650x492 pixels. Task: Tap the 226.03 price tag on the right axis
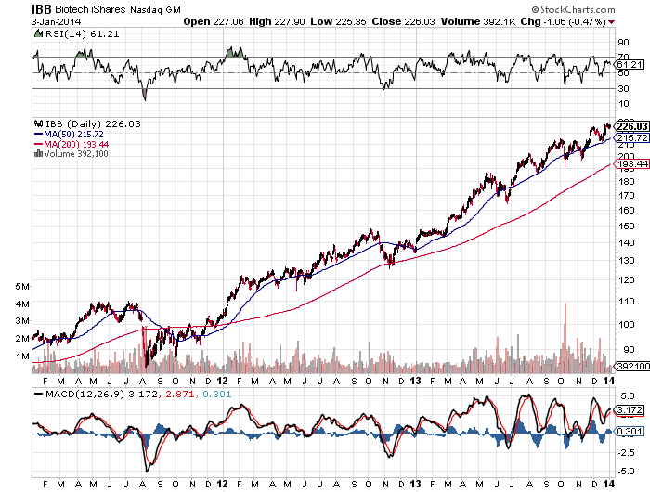pyautogui.click(x=631, y=126)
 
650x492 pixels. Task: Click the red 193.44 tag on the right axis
pyautogui.click(x=631, y=163)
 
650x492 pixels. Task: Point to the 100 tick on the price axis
pyautogui.click(x=629, y=324)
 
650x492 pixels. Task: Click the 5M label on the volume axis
pyautogui.click(x=22, y=286)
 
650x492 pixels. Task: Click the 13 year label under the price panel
pyautogui.click(x=416, y=380)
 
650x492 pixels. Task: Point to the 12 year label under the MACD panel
pyautogui.click(x=221, y=481)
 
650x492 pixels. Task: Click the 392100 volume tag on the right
pyautogui.click(x=631, y=366)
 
